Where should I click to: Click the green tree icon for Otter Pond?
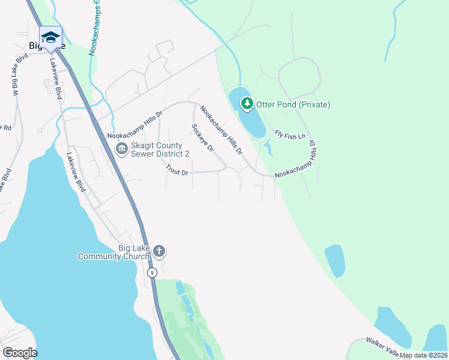(x=247, y=104)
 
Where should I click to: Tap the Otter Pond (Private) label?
(x=294, y=104)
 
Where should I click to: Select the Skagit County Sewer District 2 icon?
(x=121, y=148)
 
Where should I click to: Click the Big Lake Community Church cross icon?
(x=158, y=250)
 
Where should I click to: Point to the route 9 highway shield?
(x=152, y=272)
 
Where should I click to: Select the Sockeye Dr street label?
(x=203, y=138)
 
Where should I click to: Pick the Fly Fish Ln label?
(x=291, y=135)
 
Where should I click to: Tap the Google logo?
(x=20, y=353)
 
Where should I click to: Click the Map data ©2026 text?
(x=424, y=355)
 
